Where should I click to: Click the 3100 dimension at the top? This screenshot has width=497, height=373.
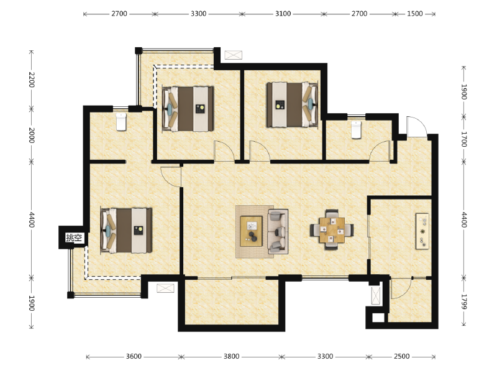pos(283,14)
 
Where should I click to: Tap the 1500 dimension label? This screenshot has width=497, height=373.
pos(415,14)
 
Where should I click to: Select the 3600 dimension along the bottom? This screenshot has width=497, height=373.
pos(134,356)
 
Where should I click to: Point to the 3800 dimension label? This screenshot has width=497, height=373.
pos(231,356)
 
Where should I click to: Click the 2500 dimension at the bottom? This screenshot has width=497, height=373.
pos(401,356)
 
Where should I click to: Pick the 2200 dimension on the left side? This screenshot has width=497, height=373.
pos(32,80)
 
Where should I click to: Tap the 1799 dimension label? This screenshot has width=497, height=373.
pos(463,302)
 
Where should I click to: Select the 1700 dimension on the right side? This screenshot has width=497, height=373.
pos(463,139)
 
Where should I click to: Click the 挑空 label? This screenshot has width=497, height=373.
pos(74,237)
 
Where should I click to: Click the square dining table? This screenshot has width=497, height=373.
pos(332,229)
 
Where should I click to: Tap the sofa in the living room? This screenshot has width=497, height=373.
pos(278,231)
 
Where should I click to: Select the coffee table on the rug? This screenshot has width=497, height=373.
pos(252,231)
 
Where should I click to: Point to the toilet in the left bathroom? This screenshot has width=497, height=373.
pos(121,122)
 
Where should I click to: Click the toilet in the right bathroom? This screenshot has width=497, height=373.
pos(356,129)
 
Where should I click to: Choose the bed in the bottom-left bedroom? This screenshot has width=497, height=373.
pos(126,230)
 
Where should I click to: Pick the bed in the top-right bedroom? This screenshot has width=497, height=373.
pos(292,104)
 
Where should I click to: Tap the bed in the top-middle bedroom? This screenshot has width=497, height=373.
pos(188,109)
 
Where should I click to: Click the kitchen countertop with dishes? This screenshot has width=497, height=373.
pos(422,231)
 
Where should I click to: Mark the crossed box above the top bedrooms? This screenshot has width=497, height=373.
pos(234,55)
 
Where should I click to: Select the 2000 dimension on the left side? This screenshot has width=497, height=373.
pos(32,136)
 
